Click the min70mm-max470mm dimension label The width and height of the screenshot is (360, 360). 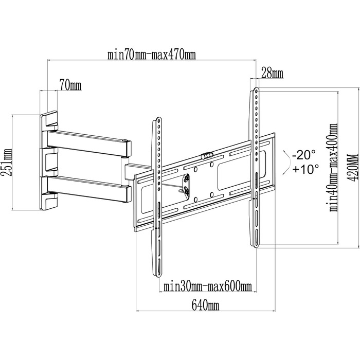(x=152, y=55)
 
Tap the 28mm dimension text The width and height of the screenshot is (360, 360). (x=272, y=74)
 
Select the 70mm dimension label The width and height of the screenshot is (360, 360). (x=70, y=85)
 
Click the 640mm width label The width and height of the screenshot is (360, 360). (x=205, y=305)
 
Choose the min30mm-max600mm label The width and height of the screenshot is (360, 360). (x=208, y=286)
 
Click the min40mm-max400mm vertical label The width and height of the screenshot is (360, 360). (x=334, y=168)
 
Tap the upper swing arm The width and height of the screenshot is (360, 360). (x=89, y=143)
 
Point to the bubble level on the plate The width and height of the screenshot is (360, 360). (x=207, y=155)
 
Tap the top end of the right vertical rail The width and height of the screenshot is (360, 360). (x=256, y=88)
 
